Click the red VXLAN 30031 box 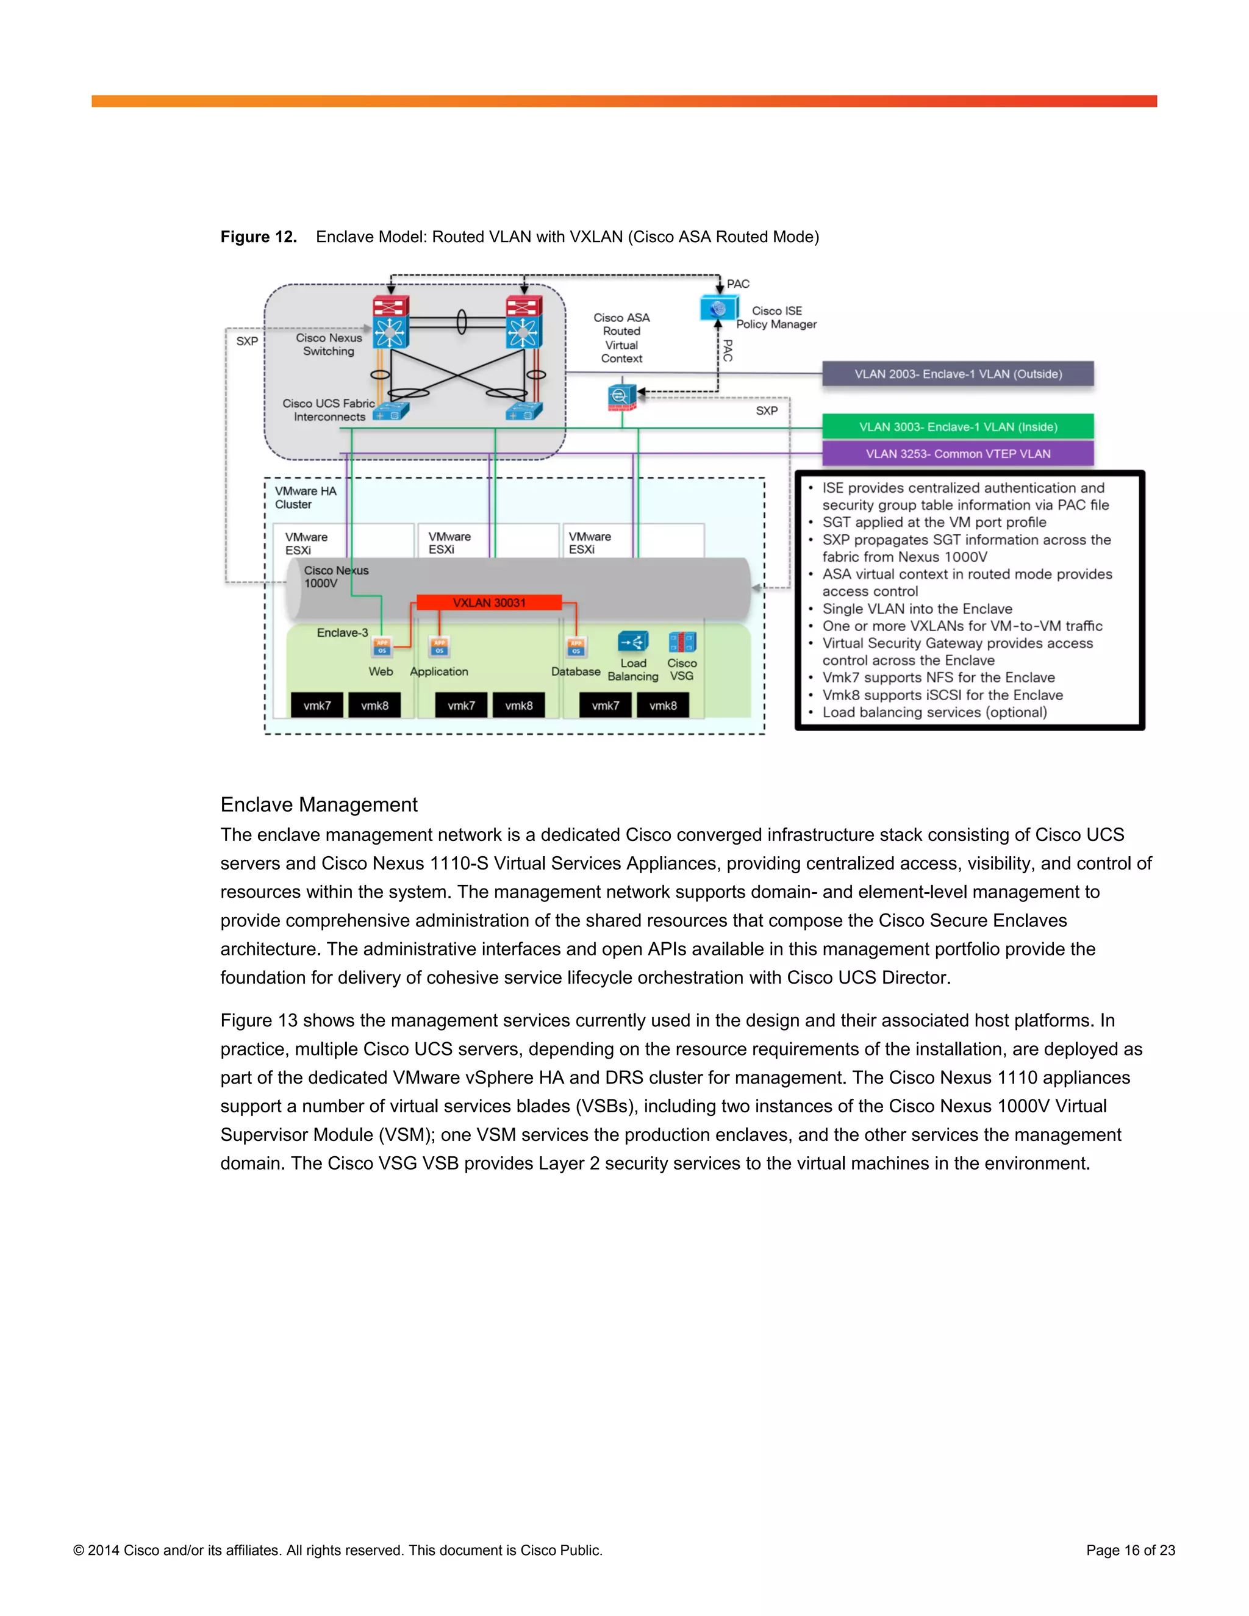[x=489, y=602]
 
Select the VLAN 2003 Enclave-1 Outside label [x=957, y=374]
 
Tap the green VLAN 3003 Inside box [x=957, y=426]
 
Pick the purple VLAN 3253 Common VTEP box [x=957, y=454]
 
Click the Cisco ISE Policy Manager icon [x=718, y=309]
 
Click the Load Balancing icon [x=634, y=642]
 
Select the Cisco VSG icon [x=681, y=642]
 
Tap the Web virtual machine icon [x=382, y=646]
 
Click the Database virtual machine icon [x=576, y=646]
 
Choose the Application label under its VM [x=438, y=671]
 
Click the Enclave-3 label [x=342, y=632]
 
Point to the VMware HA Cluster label [x=305, y=497]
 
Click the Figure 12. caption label [x=258, y=237]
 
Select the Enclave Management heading [x=319, y=804]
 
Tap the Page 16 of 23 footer [x=1130, y=1550]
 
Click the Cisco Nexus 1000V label [x=335, y=576]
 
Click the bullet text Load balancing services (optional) [x=934, y=712]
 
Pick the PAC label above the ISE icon [x=738, y=284]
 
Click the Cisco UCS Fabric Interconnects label [x=329, y=410]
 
